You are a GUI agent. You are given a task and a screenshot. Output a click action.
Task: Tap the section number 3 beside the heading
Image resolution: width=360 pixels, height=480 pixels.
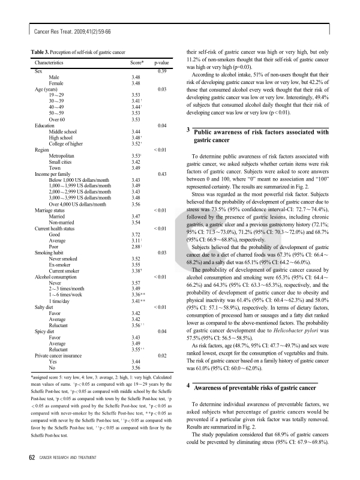coord(188,130)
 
